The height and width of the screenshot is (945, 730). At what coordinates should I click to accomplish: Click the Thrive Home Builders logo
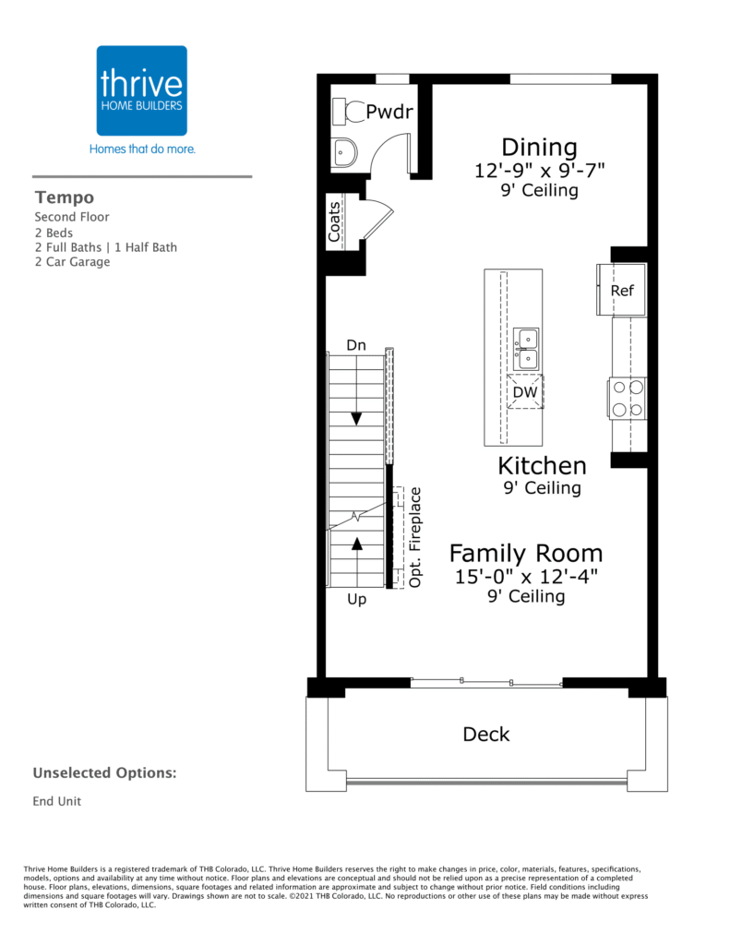[141, 90]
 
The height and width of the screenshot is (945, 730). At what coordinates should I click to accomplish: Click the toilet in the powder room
[349, 112]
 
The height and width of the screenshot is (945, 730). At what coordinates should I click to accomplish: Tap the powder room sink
[343, 153]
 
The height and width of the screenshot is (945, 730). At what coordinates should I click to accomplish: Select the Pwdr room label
[389, 112]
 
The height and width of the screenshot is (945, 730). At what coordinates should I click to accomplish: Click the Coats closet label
[334, 221]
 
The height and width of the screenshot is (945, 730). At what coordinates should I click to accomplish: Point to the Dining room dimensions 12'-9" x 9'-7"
[540, 170]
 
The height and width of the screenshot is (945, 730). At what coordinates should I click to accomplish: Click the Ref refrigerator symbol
[621, 290]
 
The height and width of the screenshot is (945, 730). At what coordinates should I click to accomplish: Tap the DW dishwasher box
[525, 391]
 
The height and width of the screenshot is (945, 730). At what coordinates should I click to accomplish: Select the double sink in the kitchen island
[526, 350]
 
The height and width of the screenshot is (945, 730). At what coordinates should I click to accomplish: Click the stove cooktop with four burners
[628, 399]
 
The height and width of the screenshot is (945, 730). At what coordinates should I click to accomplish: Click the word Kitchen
[542, 466]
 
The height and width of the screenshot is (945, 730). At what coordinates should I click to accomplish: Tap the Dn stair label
[356, 345]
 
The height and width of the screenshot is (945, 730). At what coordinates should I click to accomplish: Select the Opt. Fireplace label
[414, 537]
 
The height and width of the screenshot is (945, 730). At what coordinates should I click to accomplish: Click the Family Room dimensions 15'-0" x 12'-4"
[526, 576]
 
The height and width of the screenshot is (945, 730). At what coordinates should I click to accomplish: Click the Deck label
[485, 734]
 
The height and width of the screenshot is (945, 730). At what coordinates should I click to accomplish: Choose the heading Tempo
[65, 197]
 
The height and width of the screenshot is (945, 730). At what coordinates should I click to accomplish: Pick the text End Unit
[56, 801]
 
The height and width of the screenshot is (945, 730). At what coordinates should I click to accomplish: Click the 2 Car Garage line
[72, 261]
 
